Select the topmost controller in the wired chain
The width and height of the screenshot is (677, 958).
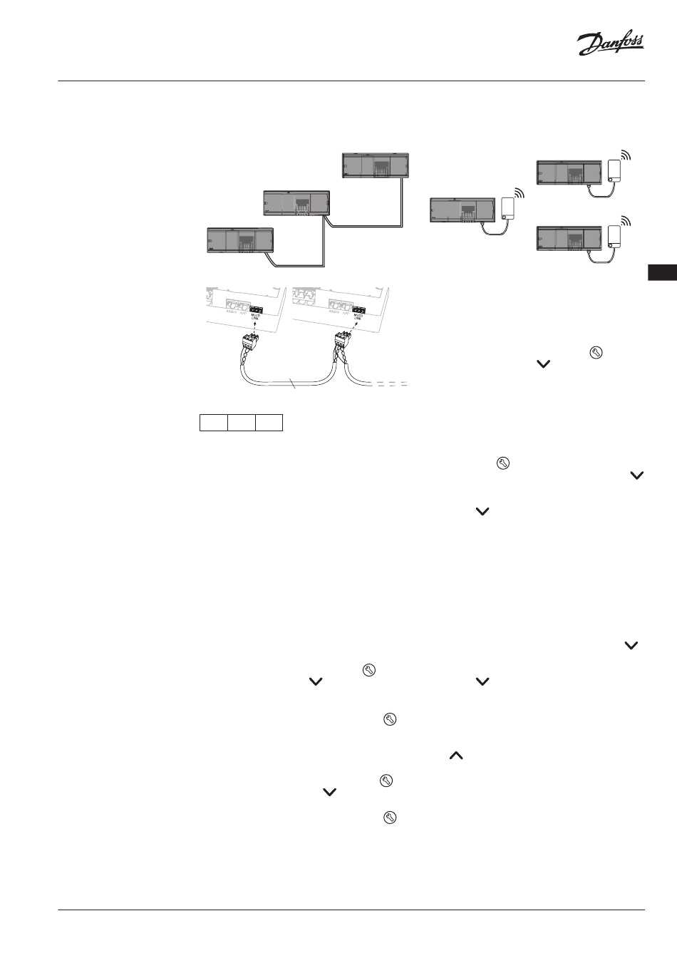tap(376, 165)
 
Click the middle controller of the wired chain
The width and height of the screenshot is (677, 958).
tap(296, 202)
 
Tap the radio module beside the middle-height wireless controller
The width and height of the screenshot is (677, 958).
tap(508, 207)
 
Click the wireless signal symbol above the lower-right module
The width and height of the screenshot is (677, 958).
tap(626, 220)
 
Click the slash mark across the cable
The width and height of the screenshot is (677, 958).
tap(292, 385)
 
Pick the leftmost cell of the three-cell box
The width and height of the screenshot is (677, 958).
tap(213, 422)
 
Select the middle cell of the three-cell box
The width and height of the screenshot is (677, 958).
tap(242, 422)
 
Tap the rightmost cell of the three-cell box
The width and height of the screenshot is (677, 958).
tap(269, 422)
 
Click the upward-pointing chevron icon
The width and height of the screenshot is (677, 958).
tap(456, 756)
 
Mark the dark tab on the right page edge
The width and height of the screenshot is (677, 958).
tap(663, 272)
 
